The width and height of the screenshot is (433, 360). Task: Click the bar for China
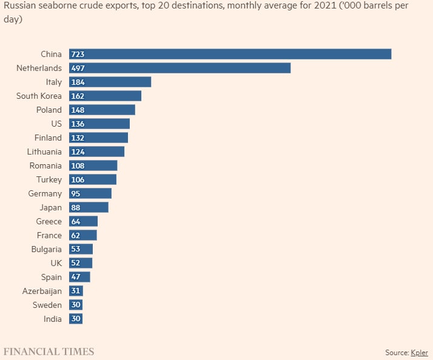click(230, 54)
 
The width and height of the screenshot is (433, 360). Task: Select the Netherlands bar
click(180, 68)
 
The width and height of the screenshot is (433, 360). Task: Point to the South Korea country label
click(39, 96)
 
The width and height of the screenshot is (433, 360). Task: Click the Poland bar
click(102, 110)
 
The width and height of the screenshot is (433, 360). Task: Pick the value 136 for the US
click(78, 124)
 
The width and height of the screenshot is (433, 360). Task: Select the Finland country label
click(48, 138)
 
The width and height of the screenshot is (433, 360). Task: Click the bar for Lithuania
click(97, 152)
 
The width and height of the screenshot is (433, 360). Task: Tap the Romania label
click(45, 165)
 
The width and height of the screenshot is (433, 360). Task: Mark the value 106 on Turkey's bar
click(78, 179)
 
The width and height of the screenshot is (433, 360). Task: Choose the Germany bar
click(90, 193)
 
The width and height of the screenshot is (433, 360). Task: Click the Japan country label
click(50, 207)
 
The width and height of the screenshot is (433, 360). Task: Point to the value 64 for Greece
click(76, 221)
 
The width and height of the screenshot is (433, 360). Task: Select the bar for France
click(83, 235)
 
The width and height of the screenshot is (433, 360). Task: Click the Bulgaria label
click(46, 249)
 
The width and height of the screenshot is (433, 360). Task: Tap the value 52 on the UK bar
click(76, 263)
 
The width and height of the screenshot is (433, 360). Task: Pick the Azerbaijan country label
click(42, 291)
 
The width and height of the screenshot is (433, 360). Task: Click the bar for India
click(76, 319)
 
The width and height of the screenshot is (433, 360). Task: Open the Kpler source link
click(419, 352)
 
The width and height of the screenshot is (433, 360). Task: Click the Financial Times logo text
click(49, 352)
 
